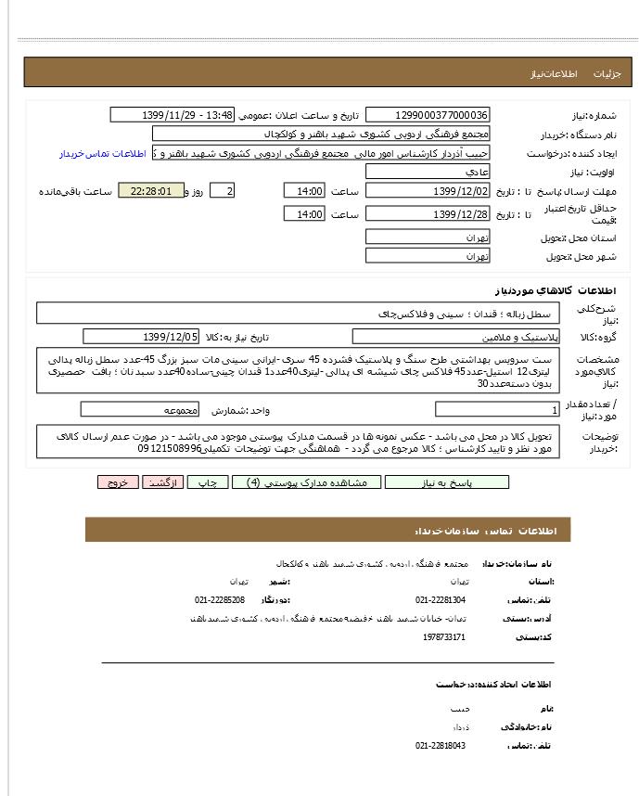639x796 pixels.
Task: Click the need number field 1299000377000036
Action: coord(428,115)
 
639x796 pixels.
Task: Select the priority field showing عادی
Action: coord(428,172)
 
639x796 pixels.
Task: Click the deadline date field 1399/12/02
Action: coord(428,191)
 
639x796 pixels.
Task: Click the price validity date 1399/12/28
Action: coord(428,214)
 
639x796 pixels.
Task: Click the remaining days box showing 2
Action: coord(222,191)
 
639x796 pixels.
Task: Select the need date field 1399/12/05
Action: coord(141,337)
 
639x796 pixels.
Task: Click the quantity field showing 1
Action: coord(497,409)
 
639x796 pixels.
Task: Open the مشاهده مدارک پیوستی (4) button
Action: coord(300,482)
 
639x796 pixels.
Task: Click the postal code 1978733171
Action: coord(443,636)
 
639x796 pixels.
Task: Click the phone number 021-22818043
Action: coord(441,745)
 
